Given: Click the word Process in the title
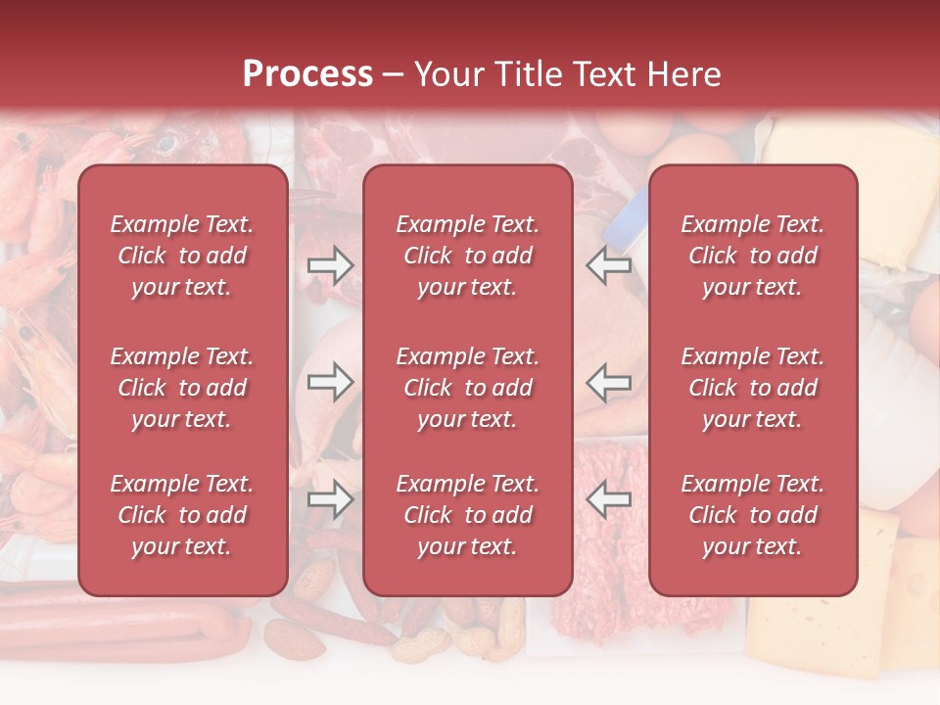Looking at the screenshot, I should pyautogui.click(x=307, y=74).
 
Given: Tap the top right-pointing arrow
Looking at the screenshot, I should pyautogui.click(x=331, y=265).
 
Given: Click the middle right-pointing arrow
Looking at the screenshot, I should pyautogui.click(x=331, y=382).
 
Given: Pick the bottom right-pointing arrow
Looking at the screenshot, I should pyautogui.click(x=331, y=499).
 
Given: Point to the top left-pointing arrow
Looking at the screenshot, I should pyautogui.click(x=608, y=265).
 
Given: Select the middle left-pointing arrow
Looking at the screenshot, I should pyautogui.click(x=608, y=382).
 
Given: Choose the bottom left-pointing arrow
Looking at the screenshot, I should pyautogui.click(x=608, y=499).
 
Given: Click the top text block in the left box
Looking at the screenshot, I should pyautogui.click(x=182, y=256).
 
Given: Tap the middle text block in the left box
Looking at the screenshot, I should pyautogui.click(x=182, y=388).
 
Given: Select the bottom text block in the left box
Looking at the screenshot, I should pyautogui.click(x=182, y=515).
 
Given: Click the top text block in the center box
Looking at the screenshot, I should pyautogui.click(x=467, y=256).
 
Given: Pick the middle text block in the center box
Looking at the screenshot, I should pyautogui.click(x=467, y=388).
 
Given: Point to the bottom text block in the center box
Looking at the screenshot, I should pyautogui.click(x=467, y=515).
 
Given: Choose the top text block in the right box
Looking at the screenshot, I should pyautogui.click(x=752, y=256).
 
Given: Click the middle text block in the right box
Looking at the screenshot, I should pyautogui.click(x=752, y=388).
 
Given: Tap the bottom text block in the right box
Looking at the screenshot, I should pyautogui.click(x=752, y=515).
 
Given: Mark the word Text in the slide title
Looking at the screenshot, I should pyautogui.click(x=603, y=74).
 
